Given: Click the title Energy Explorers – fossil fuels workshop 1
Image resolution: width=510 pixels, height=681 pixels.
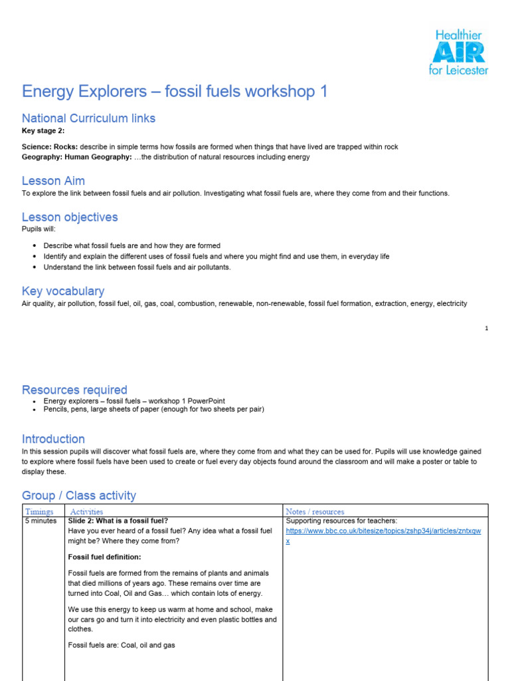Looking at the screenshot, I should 175,91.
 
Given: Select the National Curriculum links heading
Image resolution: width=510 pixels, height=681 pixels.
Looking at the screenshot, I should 88,118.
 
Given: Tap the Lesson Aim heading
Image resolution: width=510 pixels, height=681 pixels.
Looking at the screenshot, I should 53,181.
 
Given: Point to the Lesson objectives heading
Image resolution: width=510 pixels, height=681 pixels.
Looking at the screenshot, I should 70,217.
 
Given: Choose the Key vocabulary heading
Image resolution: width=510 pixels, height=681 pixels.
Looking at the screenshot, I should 63,291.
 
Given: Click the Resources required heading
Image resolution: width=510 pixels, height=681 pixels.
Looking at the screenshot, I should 74,390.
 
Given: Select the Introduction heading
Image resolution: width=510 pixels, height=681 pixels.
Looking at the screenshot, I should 53,439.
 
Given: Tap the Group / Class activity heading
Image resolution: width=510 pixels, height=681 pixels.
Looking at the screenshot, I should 79,495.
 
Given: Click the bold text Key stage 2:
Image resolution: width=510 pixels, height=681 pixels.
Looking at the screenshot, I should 43,131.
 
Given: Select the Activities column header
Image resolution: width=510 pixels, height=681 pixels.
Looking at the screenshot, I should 87,511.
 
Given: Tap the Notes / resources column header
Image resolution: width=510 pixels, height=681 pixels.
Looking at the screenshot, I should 315,511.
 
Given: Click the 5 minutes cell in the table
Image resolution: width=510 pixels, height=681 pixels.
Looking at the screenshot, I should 41,521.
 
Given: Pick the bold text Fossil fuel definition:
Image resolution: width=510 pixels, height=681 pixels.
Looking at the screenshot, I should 105,557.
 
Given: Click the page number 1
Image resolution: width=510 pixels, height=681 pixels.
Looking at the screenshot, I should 487,329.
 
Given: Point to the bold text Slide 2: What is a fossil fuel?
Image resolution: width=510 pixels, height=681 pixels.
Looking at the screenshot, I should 118,521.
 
